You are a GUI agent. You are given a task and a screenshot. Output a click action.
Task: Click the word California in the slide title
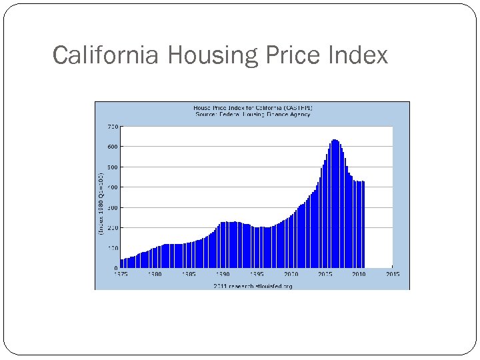[105, 55]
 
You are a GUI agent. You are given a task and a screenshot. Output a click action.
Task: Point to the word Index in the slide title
[358, 55]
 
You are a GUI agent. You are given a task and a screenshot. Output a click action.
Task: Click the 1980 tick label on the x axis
[154, 274]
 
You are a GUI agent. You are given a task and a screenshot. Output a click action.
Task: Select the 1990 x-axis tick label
[223, 274]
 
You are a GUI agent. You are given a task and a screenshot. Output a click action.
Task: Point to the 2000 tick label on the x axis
[291, 274]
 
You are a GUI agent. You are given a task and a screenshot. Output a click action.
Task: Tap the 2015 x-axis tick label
[392, 274]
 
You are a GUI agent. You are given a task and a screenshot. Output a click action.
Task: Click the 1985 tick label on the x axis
[189, 274]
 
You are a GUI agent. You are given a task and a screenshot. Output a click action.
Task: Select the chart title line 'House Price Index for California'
[253, 107]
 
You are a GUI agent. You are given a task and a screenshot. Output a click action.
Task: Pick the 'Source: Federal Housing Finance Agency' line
[253, 114]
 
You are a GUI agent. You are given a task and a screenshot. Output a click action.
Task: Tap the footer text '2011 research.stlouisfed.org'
[253, 286]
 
